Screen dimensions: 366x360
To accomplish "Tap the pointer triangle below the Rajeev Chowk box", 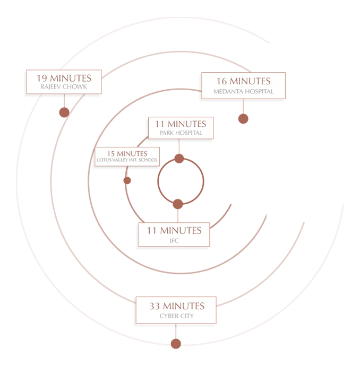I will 65,100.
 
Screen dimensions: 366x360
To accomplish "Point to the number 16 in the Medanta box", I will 222,82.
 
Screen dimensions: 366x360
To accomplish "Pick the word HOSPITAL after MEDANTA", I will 260,91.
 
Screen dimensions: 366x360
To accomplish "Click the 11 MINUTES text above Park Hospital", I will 181,124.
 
